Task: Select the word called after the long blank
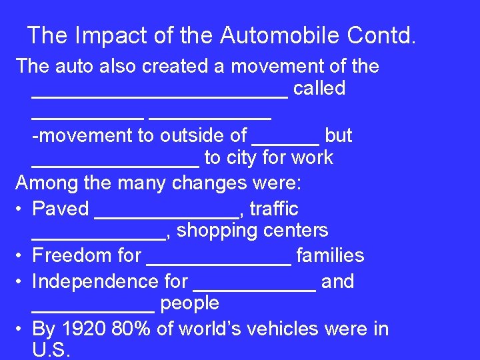(x=319, y=88)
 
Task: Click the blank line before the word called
(x=160, y=93)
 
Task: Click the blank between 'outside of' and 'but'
(x=286, y=141)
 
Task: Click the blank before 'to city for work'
(x=115, y=163)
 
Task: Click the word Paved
(x=61, y=209)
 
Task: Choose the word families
(x=330, y=255)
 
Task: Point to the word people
(x=190, y=303)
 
